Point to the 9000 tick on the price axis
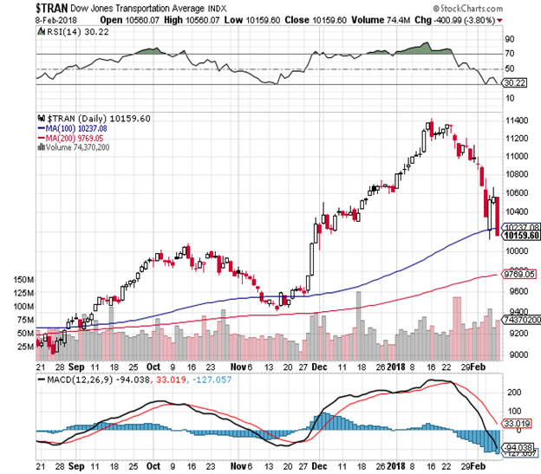518,354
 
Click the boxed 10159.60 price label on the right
522,235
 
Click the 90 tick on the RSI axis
510,38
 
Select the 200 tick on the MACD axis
514,392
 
